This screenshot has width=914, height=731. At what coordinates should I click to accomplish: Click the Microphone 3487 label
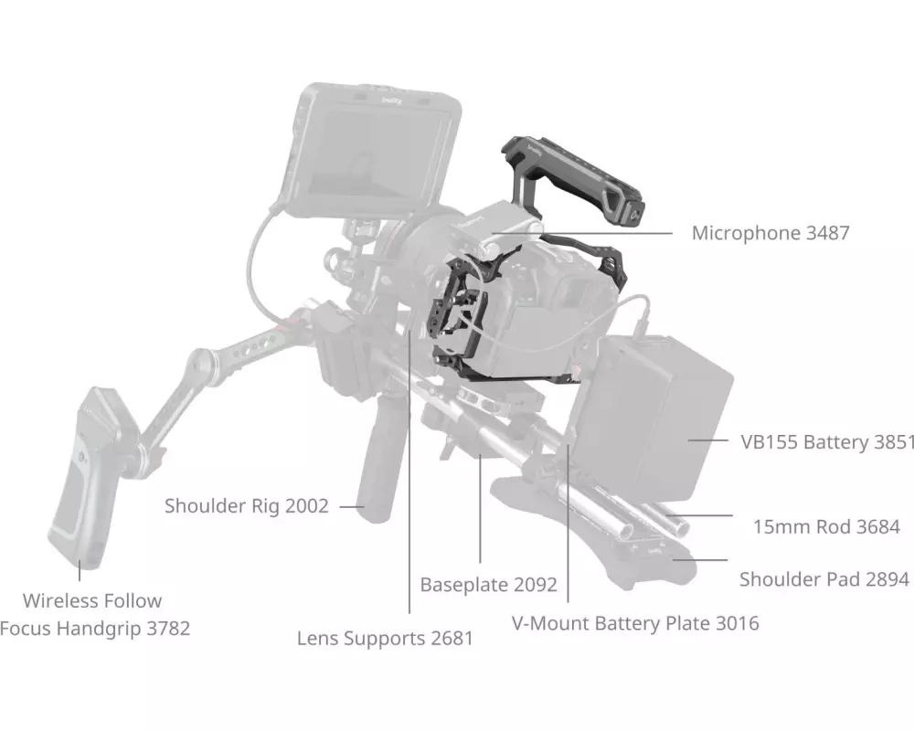(770, 233)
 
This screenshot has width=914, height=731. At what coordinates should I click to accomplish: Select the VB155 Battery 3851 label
(827, 442)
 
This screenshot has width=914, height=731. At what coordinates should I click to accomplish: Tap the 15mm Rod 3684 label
(826, 526)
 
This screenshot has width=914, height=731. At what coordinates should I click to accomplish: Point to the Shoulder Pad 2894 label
(824, 579)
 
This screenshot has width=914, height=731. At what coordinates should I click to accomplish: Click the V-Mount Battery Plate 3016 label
(634, 624)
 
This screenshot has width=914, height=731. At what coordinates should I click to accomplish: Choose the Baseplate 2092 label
(488, 584)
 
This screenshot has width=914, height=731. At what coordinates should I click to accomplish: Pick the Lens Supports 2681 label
(385, 638)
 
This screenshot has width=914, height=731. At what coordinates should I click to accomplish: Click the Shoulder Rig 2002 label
(246, 505)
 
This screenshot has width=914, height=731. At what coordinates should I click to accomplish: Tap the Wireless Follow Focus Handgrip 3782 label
(94, 615)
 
